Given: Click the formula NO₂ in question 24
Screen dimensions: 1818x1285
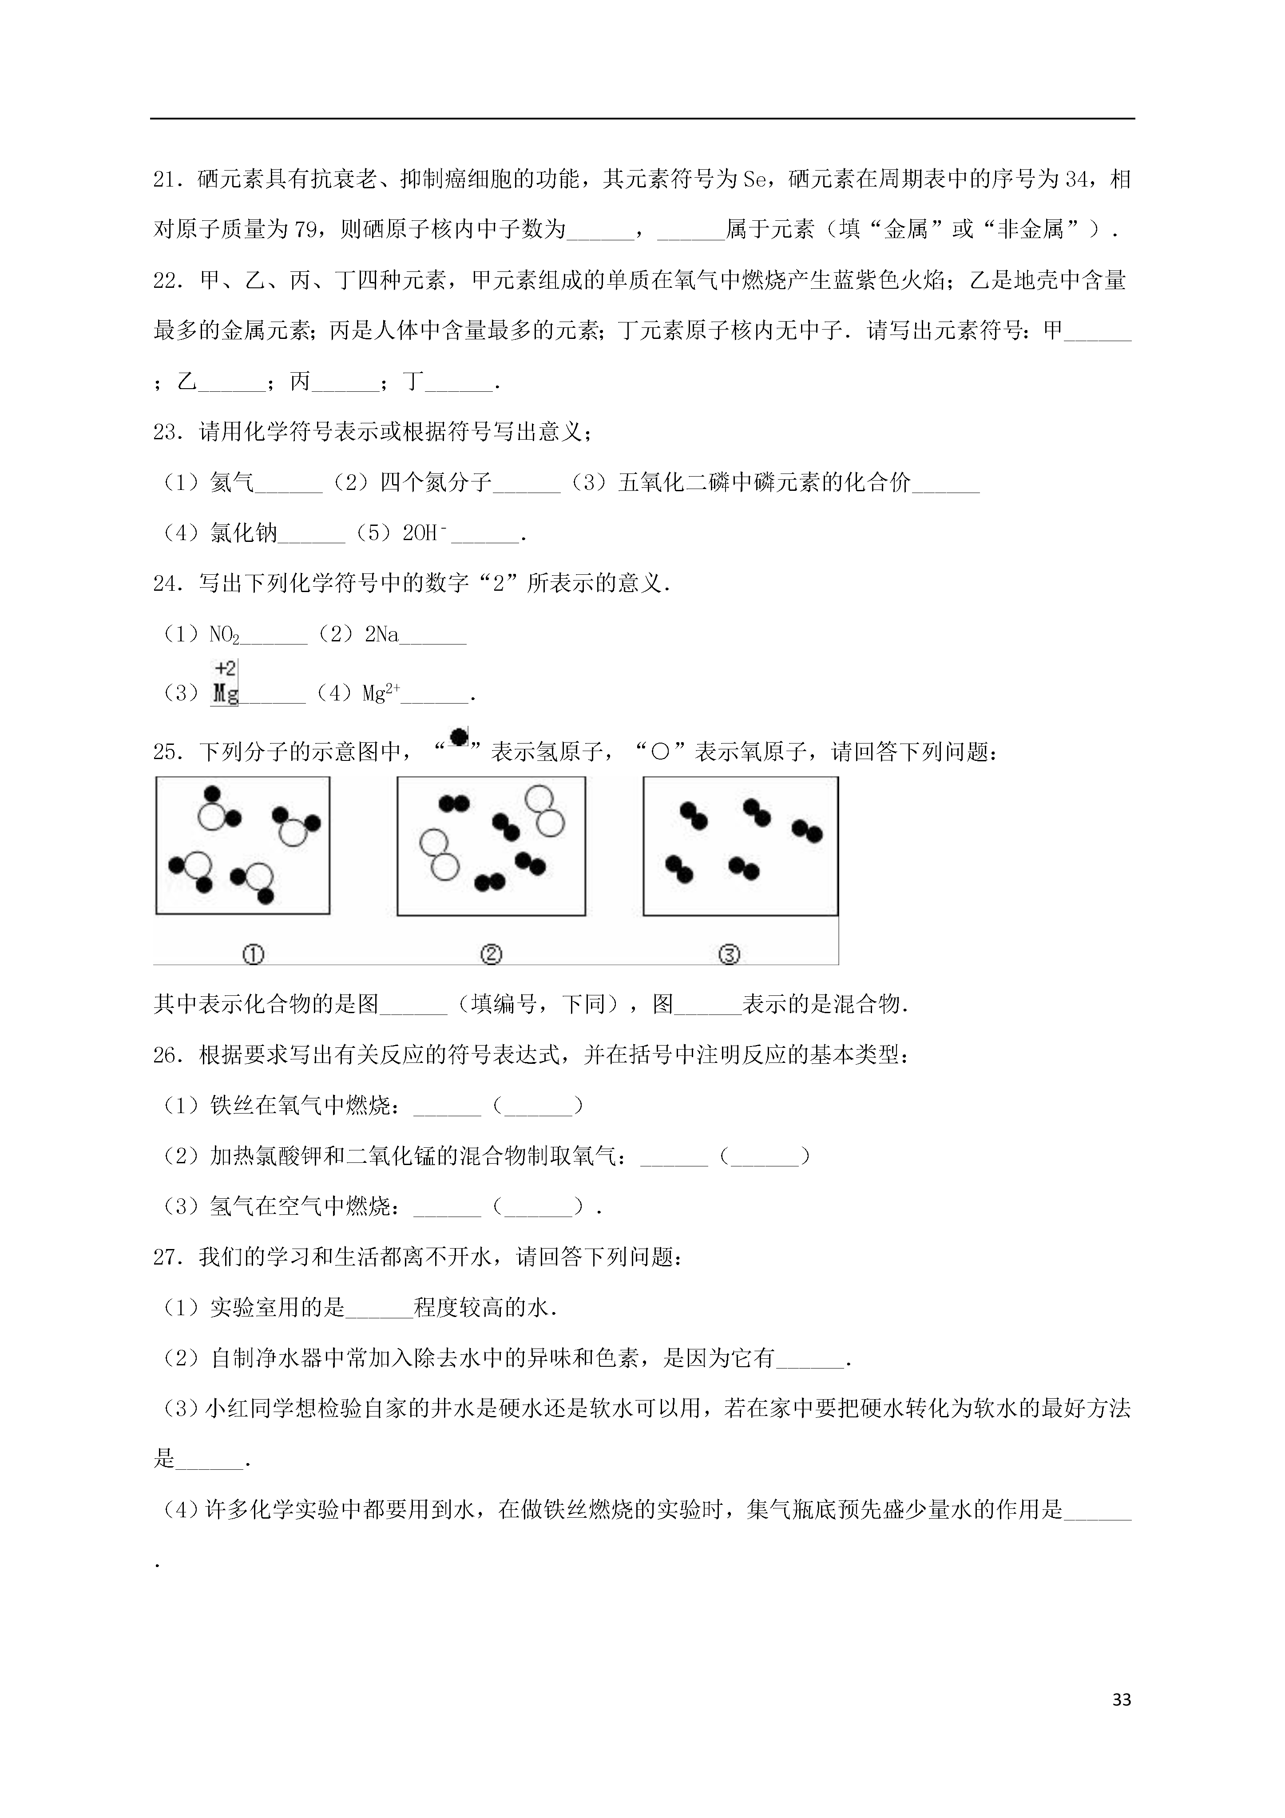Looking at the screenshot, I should point(224,635).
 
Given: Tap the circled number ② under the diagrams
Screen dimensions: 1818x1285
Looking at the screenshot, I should point(491,955).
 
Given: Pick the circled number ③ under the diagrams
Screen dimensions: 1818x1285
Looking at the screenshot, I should point(728,955).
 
